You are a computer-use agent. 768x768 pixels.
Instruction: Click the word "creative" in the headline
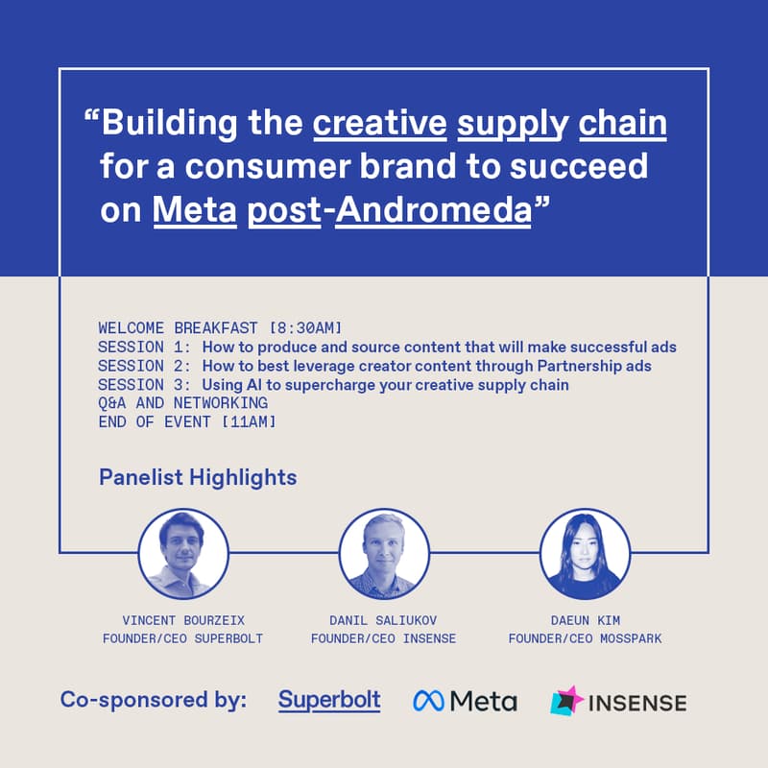[381, 124]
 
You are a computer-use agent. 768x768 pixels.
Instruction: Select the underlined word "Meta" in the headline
[195, 209]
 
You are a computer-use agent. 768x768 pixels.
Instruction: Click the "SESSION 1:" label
[145, 347]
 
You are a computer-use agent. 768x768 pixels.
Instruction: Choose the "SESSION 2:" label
[145, 366]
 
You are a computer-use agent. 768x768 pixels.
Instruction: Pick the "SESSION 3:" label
[145, 385]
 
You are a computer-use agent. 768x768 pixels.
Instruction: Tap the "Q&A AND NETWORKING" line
[182, 403]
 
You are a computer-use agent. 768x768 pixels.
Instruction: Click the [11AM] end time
[248, 422]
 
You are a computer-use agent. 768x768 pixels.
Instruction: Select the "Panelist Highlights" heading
[198, 477]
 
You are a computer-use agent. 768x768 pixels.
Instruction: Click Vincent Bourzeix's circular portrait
[183, 554]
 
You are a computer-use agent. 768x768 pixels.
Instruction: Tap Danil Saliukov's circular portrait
[384, 554]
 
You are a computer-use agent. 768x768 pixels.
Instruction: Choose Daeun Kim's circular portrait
[585, 554]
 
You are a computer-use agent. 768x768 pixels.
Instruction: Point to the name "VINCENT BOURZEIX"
[183, 620]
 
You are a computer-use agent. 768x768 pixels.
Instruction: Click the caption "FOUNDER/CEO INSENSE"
[384, 638]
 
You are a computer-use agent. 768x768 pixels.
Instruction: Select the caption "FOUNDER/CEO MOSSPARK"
[585, 638]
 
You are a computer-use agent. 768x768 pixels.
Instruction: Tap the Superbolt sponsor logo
[329, 700]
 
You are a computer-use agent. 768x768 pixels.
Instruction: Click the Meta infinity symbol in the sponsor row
[427, 702]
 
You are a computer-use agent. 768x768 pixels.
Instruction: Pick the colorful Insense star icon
[567, 702]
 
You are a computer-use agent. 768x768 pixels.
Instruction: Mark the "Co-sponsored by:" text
[154, 700]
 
